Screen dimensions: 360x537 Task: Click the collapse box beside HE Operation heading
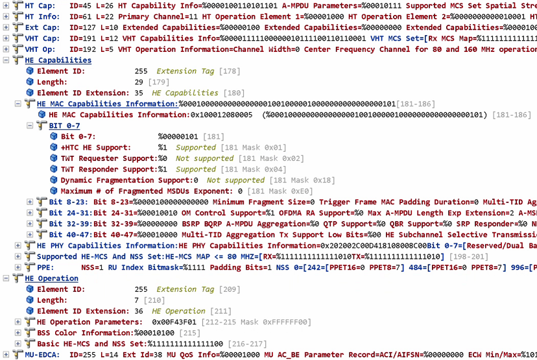coord(6,278)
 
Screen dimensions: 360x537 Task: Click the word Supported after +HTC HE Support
coord(195,148)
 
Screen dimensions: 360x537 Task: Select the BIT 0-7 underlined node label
coord(64,126)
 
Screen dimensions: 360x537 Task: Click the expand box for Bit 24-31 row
coord(29,213)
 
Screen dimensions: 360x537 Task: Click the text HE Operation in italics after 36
coord(179,311)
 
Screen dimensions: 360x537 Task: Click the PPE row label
coord(46,267)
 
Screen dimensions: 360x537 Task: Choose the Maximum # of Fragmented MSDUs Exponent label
coord(147,191)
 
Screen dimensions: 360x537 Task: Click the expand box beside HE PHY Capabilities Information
coord(18,246)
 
